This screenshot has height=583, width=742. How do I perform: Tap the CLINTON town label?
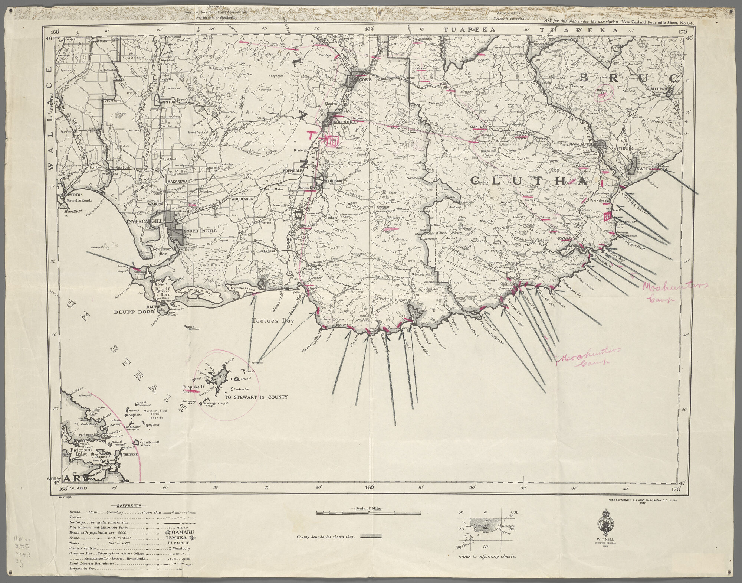[477, 127]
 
